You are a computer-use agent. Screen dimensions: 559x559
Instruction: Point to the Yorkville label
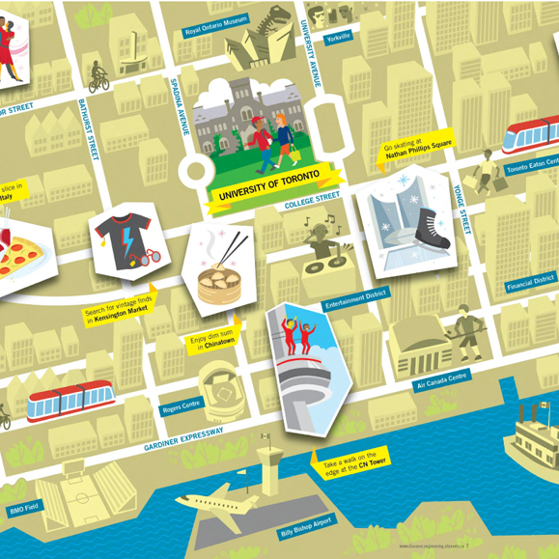[339, 38]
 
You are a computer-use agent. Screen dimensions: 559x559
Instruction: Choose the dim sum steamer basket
[217, 285]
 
